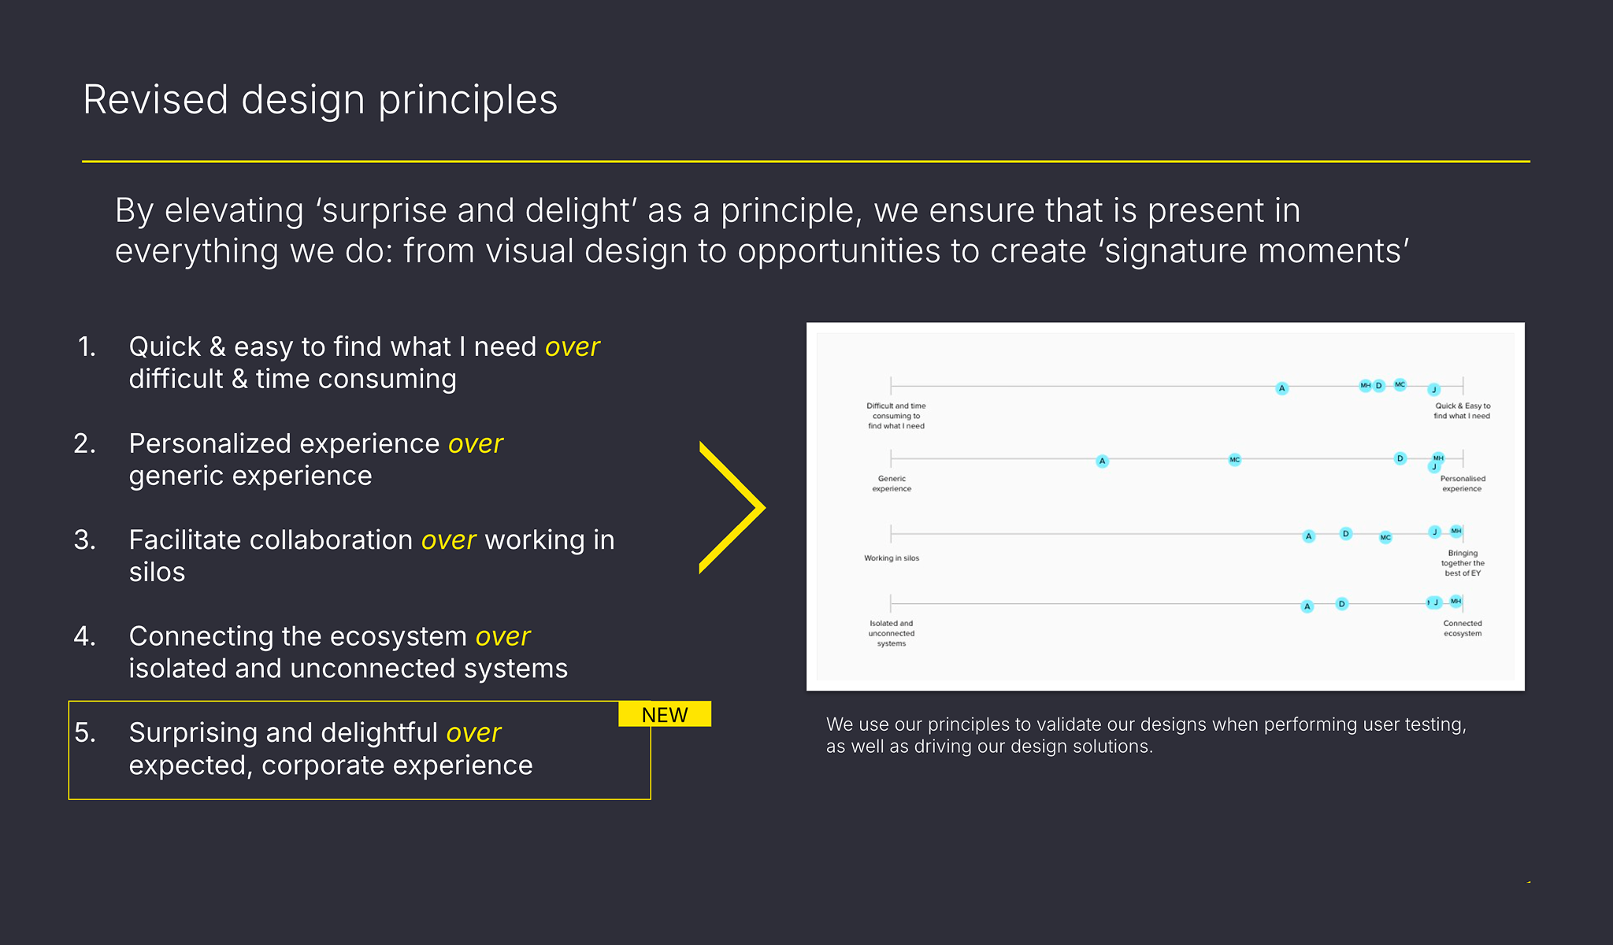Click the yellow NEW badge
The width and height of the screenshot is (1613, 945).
(665, 714)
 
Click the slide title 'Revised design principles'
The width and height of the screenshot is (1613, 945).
(320, 100)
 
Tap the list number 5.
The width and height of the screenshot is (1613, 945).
(84, 733)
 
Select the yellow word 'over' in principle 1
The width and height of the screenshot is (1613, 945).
(573, 346)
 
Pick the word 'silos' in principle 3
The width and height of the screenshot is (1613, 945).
(157, 573)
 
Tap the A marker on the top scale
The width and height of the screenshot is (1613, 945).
(1281, 388)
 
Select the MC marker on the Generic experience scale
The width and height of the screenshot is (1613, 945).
(1234, 460)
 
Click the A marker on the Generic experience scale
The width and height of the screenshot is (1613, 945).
(1102, 461)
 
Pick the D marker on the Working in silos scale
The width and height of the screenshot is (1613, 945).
(1345, 534)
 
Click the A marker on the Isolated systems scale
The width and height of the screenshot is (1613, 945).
(1307, 606)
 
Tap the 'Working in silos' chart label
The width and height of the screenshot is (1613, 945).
(892, 558)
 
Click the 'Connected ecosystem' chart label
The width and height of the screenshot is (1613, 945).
(1463, 628)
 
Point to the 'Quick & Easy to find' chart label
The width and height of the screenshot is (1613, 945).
(1463, 411)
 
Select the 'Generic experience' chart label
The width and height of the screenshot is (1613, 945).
(892, 484)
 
